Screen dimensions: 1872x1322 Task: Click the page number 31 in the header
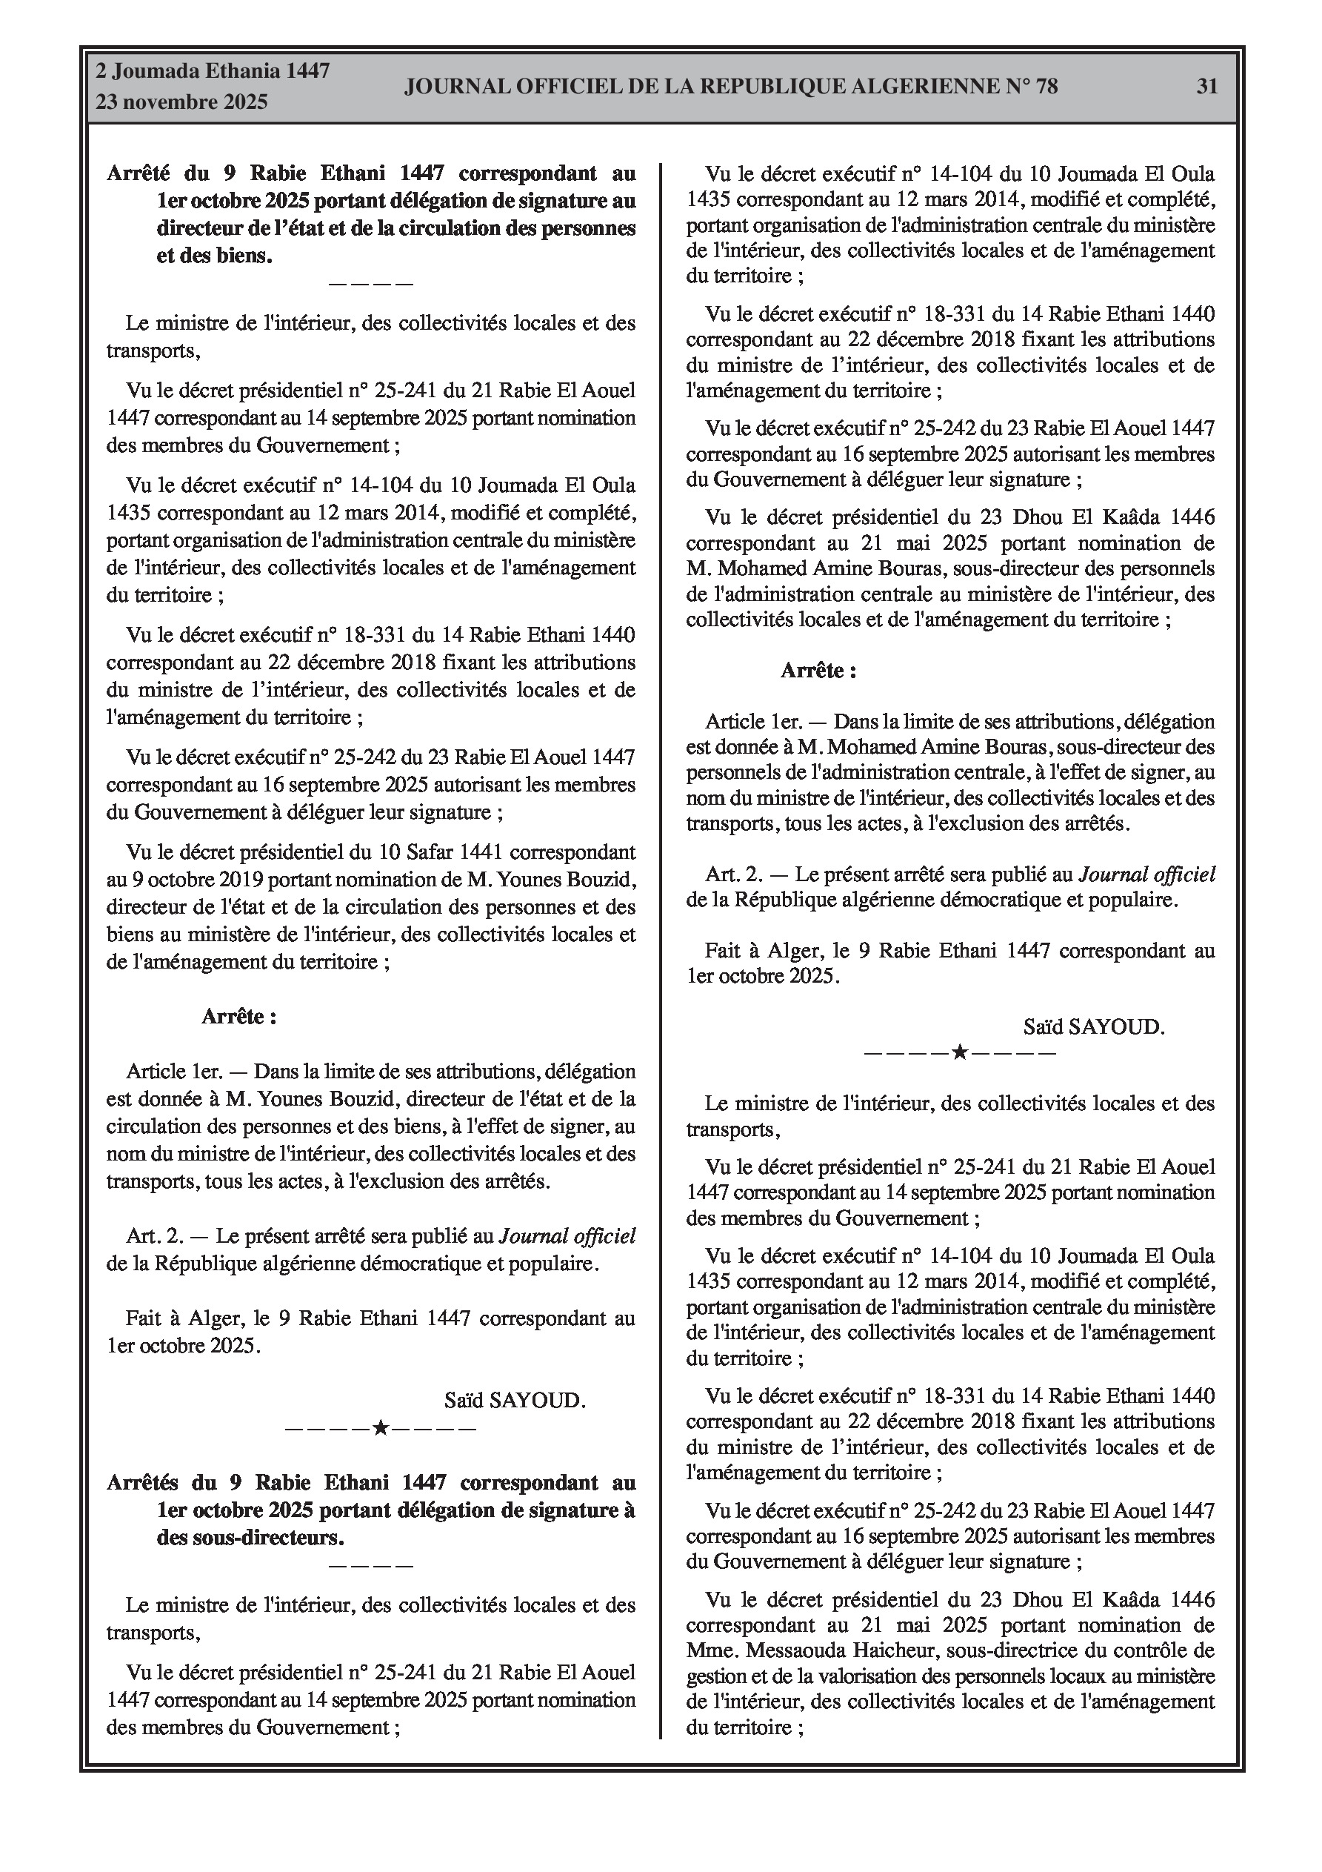pos(1206,87)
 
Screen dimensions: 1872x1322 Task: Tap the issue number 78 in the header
pos(1046,87)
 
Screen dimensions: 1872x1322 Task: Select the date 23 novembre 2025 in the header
pos(181,102)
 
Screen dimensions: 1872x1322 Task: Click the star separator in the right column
pos(959,1052)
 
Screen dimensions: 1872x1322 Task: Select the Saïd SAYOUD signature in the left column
pos(515,1401)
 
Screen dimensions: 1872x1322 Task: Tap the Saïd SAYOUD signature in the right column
pos(1094,1026)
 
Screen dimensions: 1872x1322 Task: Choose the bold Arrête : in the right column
pos(818,670)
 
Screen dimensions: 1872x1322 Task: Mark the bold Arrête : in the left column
pos(238,1017)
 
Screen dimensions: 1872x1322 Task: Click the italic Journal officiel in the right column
pos(1146,874)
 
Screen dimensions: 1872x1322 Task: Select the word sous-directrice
pos(962,1650)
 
